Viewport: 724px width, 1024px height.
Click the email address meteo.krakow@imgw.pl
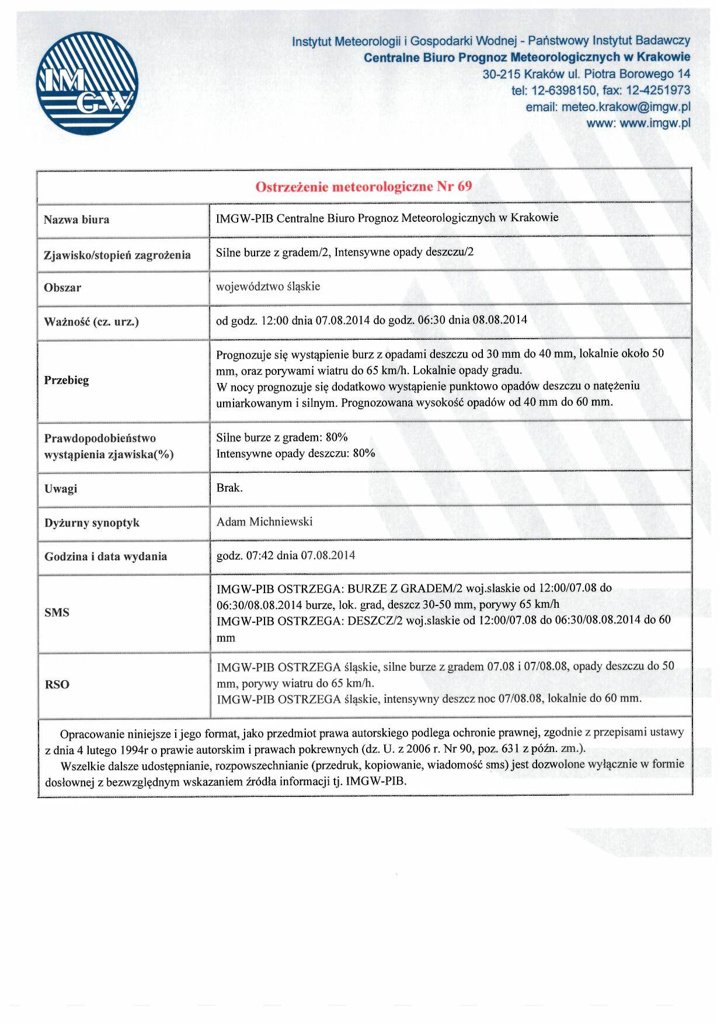tap(625, 107)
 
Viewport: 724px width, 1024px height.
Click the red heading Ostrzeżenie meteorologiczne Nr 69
tap(364, 186)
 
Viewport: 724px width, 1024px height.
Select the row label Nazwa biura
tap(76, 220)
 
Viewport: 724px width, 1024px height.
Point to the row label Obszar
tap(62, 288)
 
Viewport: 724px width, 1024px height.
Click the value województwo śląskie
tap(268, 287)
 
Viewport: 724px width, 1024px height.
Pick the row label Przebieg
tap(67, 381)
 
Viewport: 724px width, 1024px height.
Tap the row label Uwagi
tap(61, 489)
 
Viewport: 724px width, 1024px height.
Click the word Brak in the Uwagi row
tap(228, 487)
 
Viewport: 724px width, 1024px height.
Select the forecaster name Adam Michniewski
tap(264, 521)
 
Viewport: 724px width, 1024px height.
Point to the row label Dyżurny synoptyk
tap(92, 523)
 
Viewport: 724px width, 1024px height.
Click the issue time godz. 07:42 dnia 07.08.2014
tap(286, 555)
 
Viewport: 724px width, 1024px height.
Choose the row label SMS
tap(57, 612)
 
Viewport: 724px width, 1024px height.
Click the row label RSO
tap(57, 684)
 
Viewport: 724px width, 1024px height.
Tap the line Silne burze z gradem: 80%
tap(282, 437)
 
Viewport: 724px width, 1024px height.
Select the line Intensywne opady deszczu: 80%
tap(295, 454)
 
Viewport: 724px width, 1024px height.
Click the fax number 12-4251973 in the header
tap(658, 90)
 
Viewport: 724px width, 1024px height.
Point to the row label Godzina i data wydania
tap(106, 556)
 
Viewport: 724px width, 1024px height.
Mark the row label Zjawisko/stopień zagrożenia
tap(117, 255)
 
